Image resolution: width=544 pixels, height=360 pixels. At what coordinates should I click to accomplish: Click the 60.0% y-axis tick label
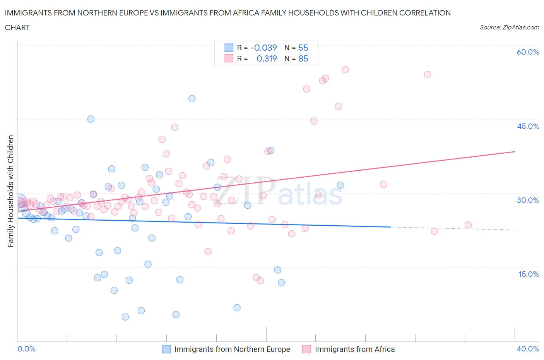pyautogui.click(x=528, y=52)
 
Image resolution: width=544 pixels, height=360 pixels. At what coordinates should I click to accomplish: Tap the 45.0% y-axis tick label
pyautogui.click(x=528, y=126)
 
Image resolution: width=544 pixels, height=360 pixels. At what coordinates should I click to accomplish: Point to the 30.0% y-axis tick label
pyautogui.click(x=528, y=200)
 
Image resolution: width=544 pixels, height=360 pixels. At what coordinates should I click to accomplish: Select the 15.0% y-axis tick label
pyautogui.click(x=528, y=274)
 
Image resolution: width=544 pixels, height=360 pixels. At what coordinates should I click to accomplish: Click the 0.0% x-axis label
pyautogui.click(x=26, y=349)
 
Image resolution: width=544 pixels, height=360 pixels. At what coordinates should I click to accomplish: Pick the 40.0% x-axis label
pyautogui.click(x=528, y=349)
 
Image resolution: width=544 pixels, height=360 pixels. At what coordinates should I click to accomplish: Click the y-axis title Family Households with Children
pyautogui.click(x=10, y=191)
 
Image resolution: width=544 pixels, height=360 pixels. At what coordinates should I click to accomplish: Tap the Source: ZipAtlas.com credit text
pyautogui.click(x=509, y=27)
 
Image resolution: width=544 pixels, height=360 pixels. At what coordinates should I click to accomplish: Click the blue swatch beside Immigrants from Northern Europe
pyautogui.click(x=166, y=349)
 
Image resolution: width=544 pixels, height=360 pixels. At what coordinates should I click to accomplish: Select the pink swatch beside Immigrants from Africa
pyautogui.click(x=306, y=349)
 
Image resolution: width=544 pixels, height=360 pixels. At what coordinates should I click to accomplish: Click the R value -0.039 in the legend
pyautogui.click(x=263, y=48)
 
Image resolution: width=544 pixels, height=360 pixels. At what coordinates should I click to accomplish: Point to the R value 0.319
pyautogui.click(x=267, y=58)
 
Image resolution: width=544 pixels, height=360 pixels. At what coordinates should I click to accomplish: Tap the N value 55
pyautogui.click(x=303, y=48)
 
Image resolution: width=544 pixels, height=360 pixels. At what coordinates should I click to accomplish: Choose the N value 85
pyautogui.click(x=303, y=58)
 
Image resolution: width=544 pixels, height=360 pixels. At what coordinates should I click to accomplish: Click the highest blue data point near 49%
pyautogui.click(x=192, y=99)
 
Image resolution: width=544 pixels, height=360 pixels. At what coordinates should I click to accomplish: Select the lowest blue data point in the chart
pyautogui.click(x=125, y=317)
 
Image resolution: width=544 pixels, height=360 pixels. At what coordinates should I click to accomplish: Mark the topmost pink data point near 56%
pyautogui.click(x=345, y=70)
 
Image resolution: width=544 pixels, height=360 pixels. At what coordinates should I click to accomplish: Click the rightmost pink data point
pyautogui.click(x=468, y=225)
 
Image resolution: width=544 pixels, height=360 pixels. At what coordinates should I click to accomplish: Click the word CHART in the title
pyautogui.click(x=17, y=27)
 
